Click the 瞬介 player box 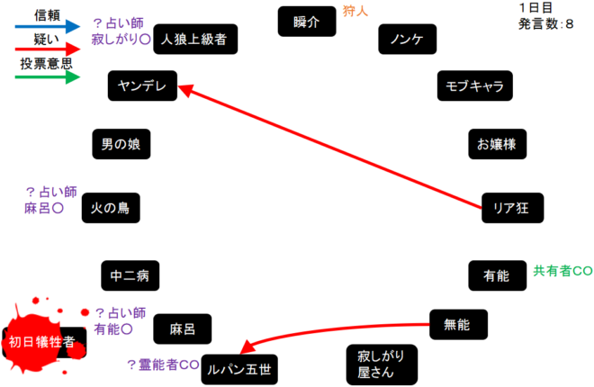point(306,22)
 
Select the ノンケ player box point(407,40)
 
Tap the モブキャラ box point(474,87)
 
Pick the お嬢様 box point(496,144)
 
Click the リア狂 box point(511,207)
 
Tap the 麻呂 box point(183,329)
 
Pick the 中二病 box point(130,274)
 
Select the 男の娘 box point(120,144)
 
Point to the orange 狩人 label point(355,12)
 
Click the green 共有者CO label point(562,270)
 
